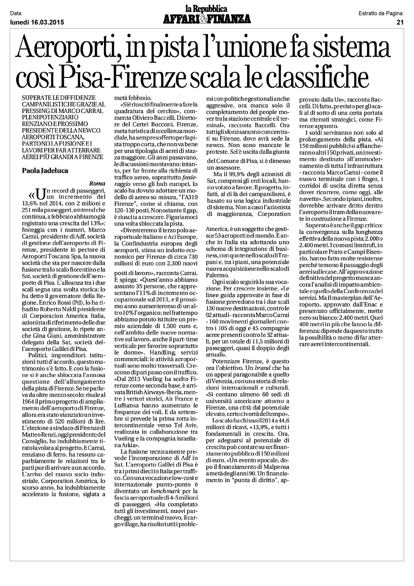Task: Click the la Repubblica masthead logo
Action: (206, 9)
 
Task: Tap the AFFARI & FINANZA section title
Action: (207, 19)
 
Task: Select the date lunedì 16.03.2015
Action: (37, 22)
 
